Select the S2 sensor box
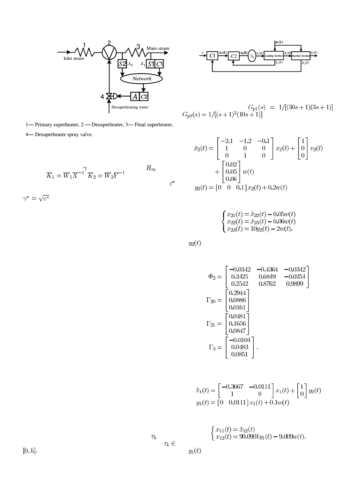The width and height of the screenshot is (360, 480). click(122, 64)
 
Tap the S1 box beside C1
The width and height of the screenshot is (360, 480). click(150, 64)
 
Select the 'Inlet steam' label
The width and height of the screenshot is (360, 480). click(74, 58)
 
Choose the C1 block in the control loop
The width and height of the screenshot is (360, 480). click(212, 56)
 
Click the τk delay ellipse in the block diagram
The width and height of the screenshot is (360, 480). click(252, 56)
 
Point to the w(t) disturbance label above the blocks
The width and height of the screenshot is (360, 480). click(279, 42)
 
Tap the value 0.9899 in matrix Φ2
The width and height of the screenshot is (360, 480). click(299, 283)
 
